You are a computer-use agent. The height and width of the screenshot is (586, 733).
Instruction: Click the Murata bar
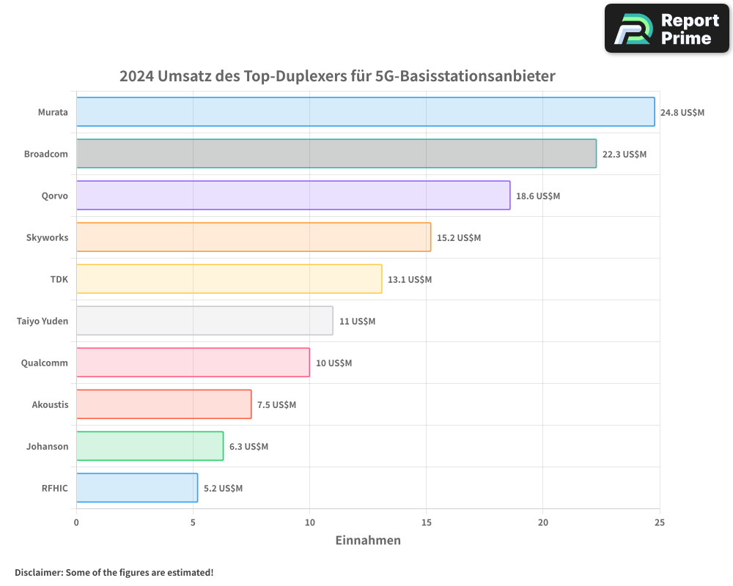pyautogui.click(x=365, y=112)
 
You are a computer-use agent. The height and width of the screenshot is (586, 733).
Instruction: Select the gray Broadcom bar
pyautogui.click(x=336, y=154)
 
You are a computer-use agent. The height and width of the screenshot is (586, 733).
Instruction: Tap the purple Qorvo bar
pyautogui.click(x=293, y=196)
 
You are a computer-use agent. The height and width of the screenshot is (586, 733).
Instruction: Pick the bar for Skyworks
pyautogui.click(x=253, y=237)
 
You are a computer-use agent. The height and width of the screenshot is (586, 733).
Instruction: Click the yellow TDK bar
pyautogui.click(x=229, y=279)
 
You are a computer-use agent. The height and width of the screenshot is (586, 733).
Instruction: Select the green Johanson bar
pyautogui.click(x=150, y=446)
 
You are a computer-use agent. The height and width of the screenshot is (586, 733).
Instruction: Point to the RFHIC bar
pyautogui.click(x=137, y=488)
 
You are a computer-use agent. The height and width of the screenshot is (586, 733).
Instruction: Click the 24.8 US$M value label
pyautogui.click(x=682, y=113)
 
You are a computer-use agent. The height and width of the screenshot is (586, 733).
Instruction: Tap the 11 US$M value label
pyautogui.click(x=357, y=322)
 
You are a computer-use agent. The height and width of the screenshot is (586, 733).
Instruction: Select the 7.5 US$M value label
pyautogui.click(x=276, y=405)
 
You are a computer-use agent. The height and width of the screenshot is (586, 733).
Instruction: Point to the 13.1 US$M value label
pyautogui.click(x=410, y=280)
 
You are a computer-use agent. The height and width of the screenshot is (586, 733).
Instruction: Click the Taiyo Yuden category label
pyautogui.click(x=43, y=321)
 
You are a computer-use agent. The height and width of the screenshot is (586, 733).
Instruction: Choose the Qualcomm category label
pyautogui.click(x=45, y=363)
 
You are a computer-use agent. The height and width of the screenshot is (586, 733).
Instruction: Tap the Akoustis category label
pyautogui.click(x=50, y=404)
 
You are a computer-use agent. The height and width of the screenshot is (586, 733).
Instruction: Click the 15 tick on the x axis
pyautogui.click(x=427, y=522)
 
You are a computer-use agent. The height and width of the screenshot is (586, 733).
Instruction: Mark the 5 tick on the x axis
pyautogui.click(x=193, y=522)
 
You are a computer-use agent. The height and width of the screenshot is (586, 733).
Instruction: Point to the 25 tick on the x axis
pyautogui.click(x=660, y=522)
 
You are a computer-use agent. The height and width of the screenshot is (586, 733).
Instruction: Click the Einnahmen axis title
pyautogui.click(x=368, y=541)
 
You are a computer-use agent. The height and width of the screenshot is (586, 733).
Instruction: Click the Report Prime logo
pyautogui.click(x=666, y=29)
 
